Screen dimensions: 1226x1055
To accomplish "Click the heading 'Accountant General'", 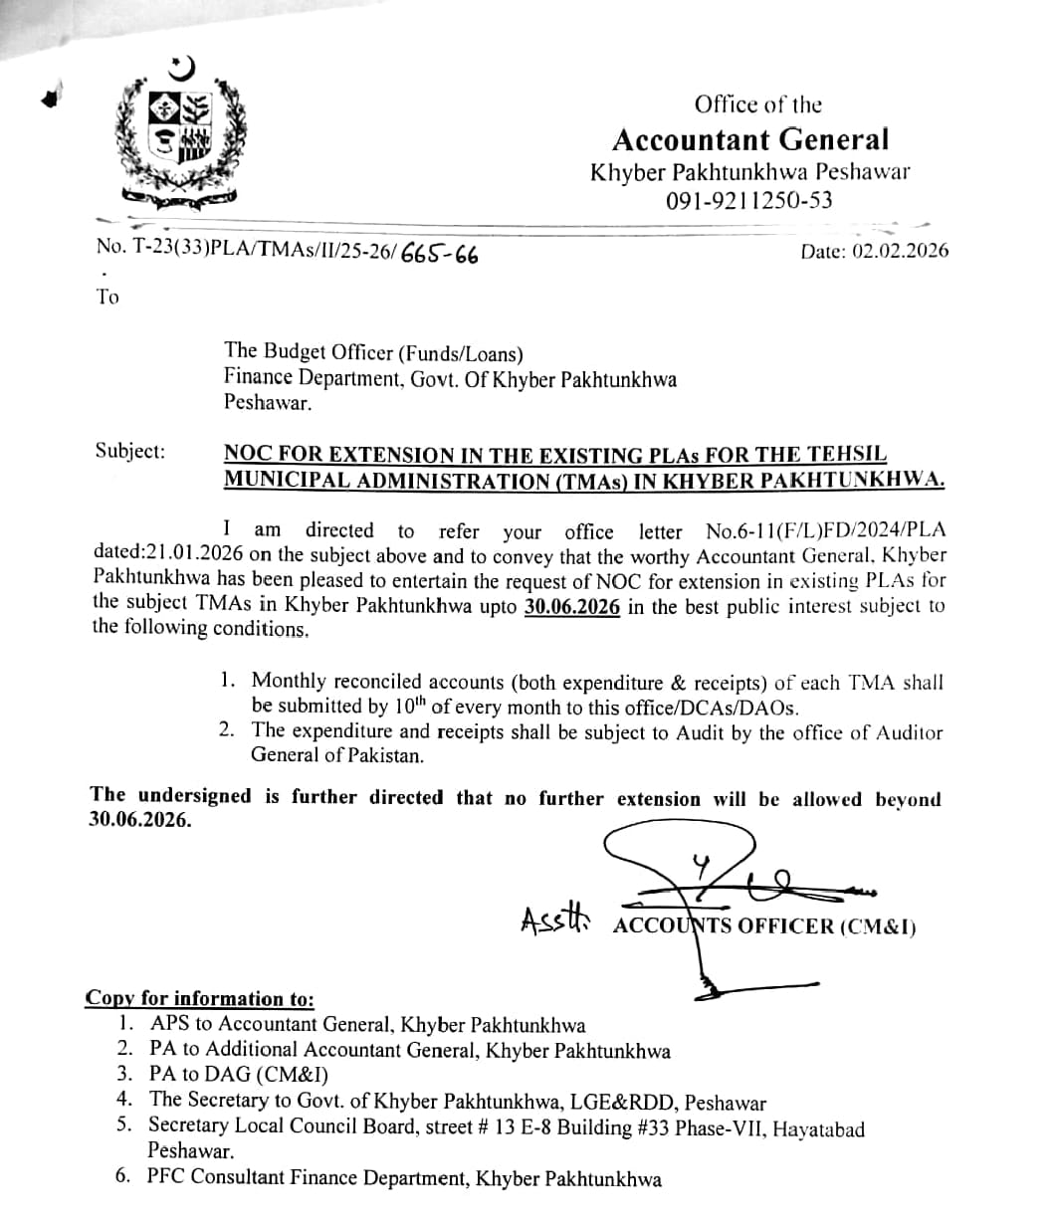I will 750,138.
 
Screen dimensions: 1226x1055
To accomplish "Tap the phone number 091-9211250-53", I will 749,200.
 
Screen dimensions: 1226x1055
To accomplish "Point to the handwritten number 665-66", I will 439,255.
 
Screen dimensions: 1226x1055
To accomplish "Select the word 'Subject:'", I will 130,451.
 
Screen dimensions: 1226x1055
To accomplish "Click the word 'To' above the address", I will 107,297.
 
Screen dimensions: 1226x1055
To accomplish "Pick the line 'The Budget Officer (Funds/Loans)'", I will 373,351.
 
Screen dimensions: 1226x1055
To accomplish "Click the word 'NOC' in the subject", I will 250,455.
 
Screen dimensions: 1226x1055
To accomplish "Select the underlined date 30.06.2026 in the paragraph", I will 572,607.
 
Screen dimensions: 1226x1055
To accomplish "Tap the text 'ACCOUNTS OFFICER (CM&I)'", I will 764,926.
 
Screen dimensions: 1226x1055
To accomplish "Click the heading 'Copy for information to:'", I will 200,998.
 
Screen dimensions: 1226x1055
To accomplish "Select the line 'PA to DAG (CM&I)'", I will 239,1075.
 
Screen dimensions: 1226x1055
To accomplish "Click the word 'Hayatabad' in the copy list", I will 818,1128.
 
